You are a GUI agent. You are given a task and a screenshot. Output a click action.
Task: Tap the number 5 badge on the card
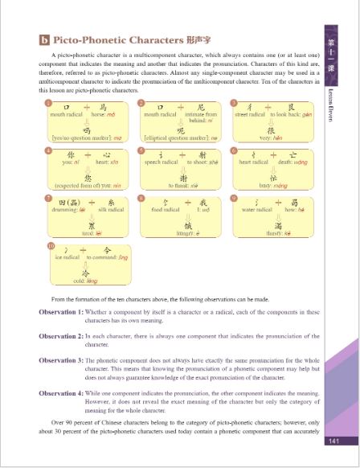coord(141,150)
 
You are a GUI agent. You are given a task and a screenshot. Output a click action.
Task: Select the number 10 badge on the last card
coord(51,245)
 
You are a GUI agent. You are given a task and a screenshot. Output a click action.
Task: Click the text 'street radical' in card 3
coord(251,115)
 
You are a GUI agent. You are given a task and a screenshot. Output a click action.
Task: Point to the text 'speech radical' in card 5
coord(160,162)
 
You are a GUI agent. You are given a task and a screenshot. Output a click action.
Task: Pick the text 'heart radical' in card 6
coord(252,162)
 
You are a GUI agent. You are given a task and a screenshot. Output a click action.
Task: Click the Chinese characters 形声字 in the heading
coord(178,38)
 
